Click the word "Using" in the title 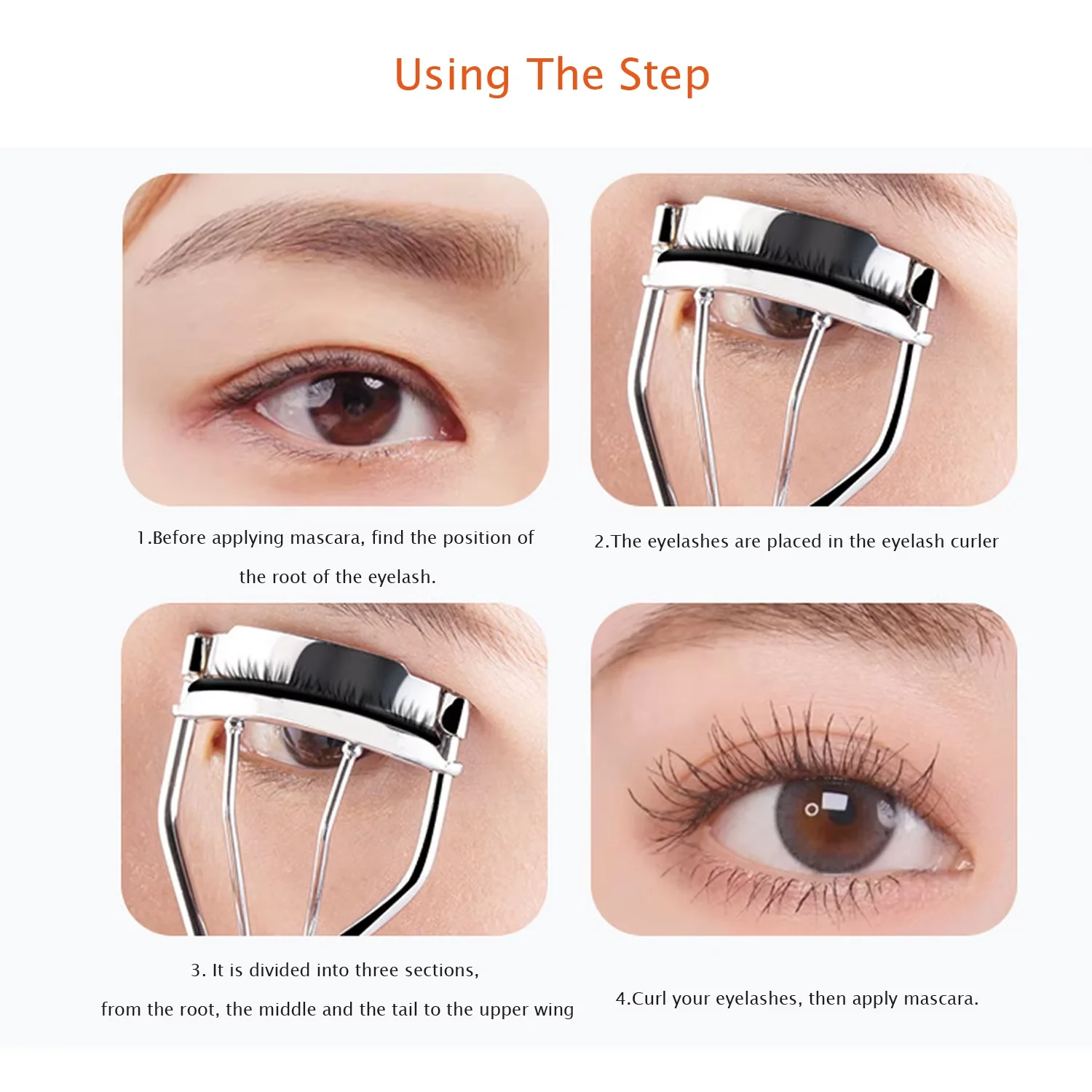point(452,76)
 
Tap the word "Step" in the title point(664,76)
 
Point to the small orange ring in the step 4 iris point(812,809)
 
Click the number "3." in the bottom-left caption point(198,970)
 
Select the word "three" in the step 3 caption point(372,970)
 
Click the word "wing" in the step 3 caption point(555,1010)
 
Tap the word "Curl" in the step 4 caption point(649,999)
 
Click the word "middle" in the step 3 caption point(288,1010)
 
